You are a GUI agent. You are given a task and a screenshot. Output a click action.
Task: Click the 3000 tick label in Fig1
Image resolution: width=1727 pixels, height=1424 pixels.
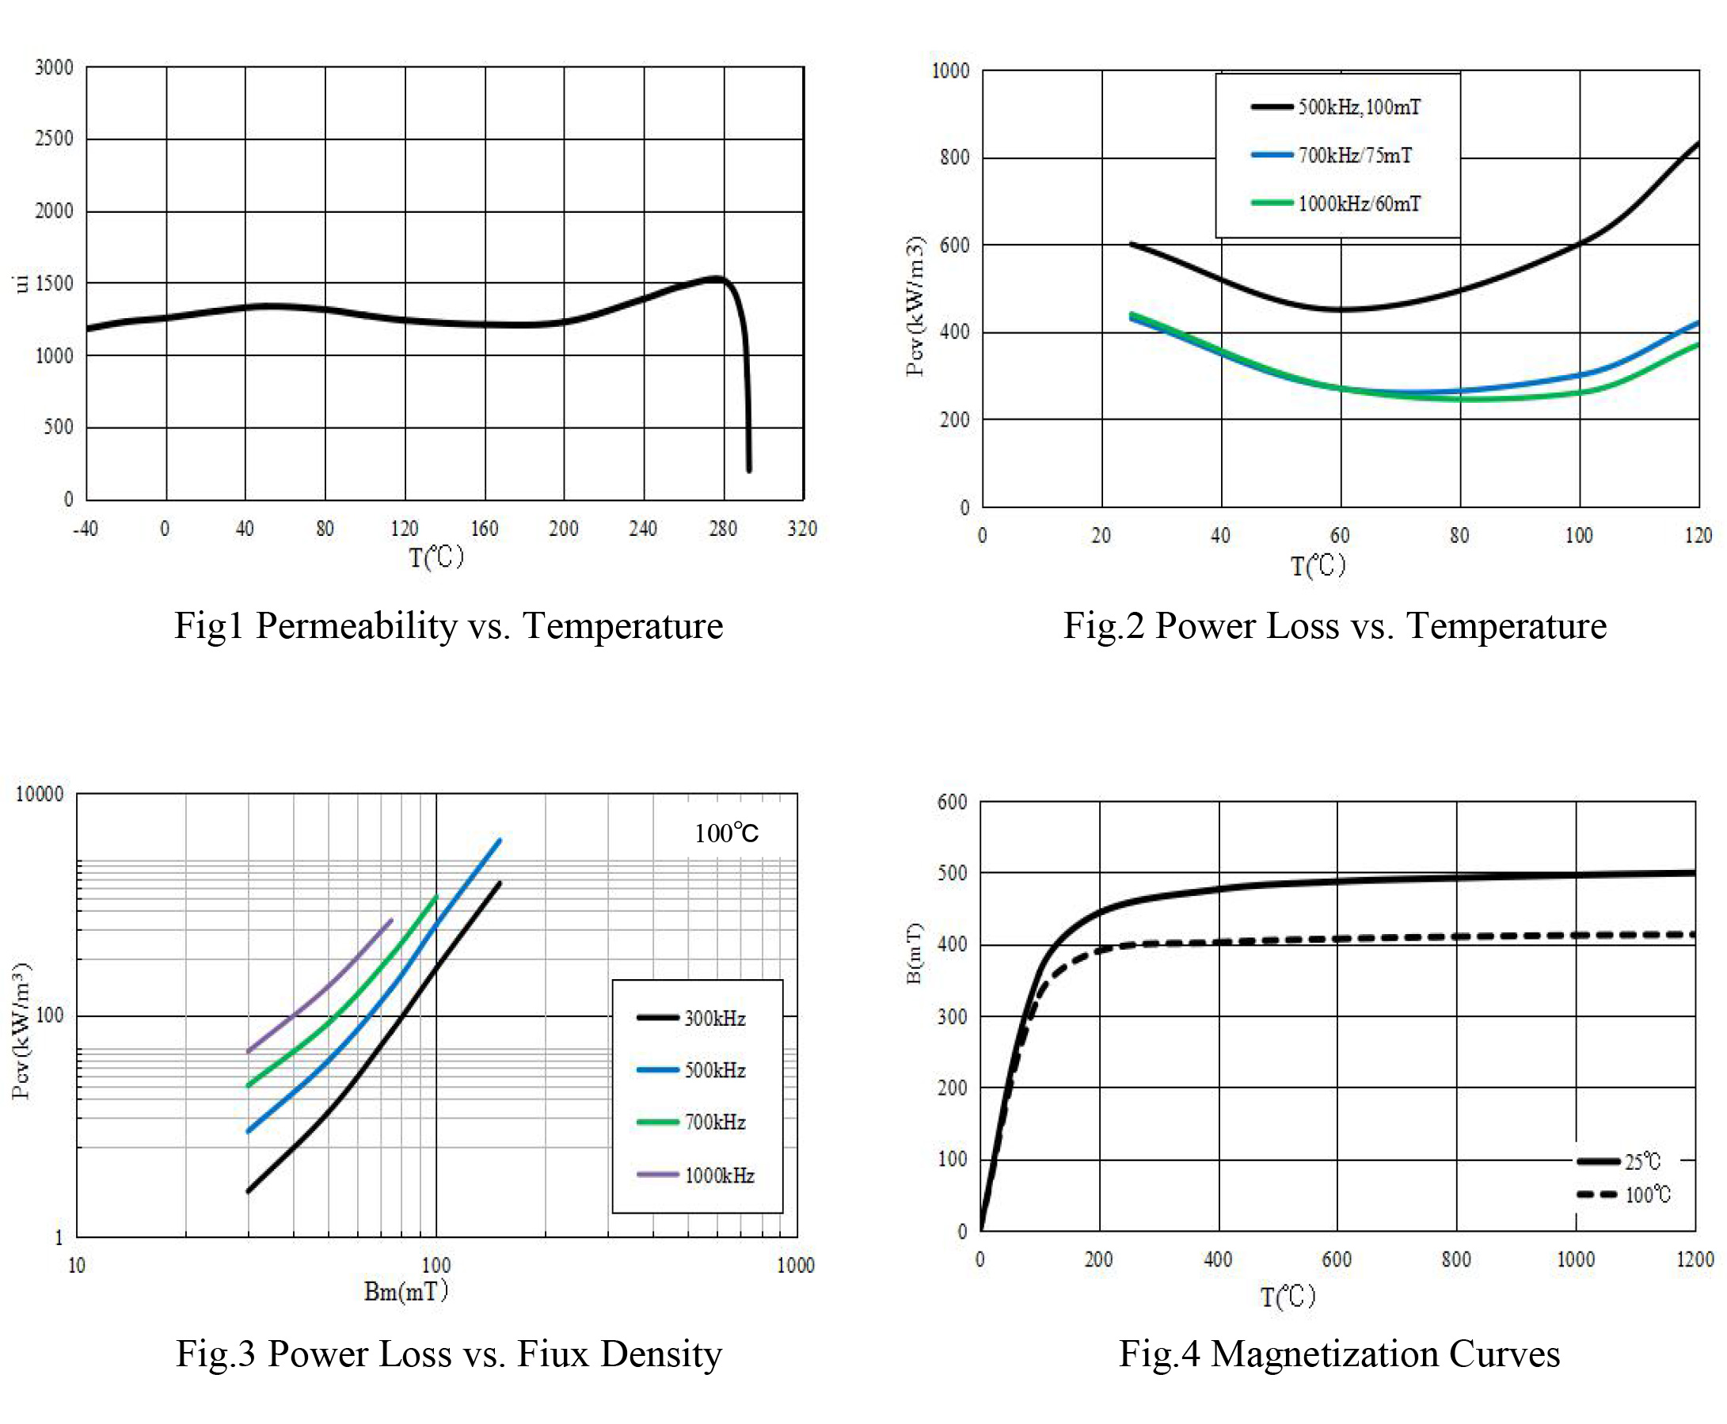(54, 67)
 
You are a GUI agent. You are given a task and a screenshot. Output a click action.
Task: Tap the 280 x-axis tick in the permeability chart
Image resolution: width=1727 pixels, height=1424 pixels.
(722, 529)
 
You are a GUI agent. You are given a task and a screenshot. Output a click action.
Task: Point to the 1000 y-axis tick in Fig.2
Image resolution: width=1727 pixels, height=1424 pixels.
(950, 71)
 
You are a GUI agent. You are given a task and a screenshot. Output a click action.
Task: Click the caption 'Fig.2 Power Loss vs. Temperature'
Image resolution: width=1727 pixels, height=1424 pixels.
(1334, 626)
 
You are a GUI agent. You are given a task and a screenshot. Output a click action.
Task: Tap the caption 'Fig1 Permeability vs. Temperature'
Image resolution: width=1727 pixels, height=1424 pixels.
(448, 626)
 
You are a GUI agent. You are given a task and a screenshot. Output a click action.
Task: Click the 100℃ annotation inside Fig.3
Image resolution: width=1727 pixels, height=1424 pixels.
(726, 834)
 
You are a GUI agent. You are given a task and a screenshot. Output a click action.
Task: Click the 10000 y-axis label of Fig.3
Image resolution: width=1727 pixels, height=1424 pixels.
(40, 794)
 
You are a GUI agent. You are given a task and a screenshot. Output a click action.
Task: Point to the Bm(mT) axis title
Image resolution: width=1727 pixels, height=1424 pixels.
(406, 1292)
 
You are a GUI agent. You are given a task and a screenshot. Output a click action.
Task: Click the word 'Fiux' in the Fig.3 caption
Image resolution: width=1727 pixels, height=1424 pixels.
(552, 1354)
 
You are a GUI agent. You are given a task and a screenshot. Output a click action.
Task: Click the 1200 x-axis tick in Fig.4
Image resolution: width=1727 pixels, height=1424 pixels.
(1695, 1260)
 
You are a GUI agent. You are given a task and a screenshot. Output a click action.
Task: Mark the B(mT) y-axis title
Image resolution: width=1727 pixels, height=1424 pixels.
(914, 952)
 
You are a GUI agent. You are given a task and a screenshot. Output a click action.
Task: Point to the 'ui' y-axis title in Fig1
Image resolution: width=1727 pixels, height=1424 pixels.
(21, 284)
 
